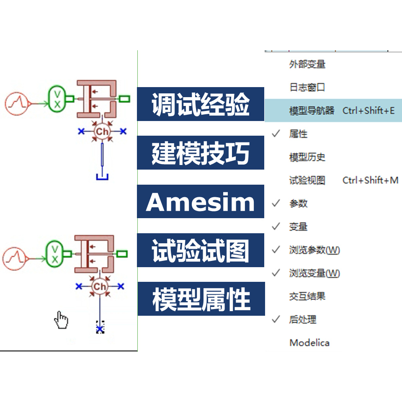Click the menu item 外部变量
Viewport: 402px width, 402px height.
[x=307, y=64]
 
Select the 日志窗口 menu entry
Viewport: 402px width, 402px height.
[x=307, y=88]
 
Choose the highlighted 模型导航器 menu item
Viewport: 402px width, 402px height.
[x=312, y=111]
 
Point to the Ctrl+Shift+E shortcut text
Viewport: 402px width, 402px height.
[x=368, y=111]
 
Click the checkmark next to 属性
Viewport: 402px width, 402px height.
[x=276, y=134]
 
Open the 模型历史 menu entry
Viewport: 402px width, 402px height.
[x=307, y=157]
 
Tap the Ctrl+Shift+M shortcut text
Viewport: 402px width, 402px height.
[x=370, y=180]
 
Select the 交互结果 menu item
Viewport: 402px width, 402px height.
[x=307, y=296]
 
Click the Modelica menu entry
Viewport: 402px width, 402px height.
[x=309, y=343]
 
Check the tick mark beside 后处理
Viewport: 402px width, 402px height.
[x=276, y=320]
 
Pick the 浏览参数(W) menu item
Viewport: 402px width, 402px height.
[x=314, y=250]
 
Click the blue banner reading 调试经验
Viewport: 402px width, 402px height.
[x=201, y=104]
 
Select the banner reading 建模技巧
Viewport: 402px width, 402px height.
[x=201, y=153]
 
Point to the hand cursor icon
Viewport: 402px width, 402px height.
[x=61, y=320]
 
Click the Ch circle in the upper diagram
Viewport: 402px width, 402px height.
[x=102, y=131]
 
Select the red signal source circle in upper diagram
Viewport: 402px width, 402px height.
[x=16, y=103]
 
